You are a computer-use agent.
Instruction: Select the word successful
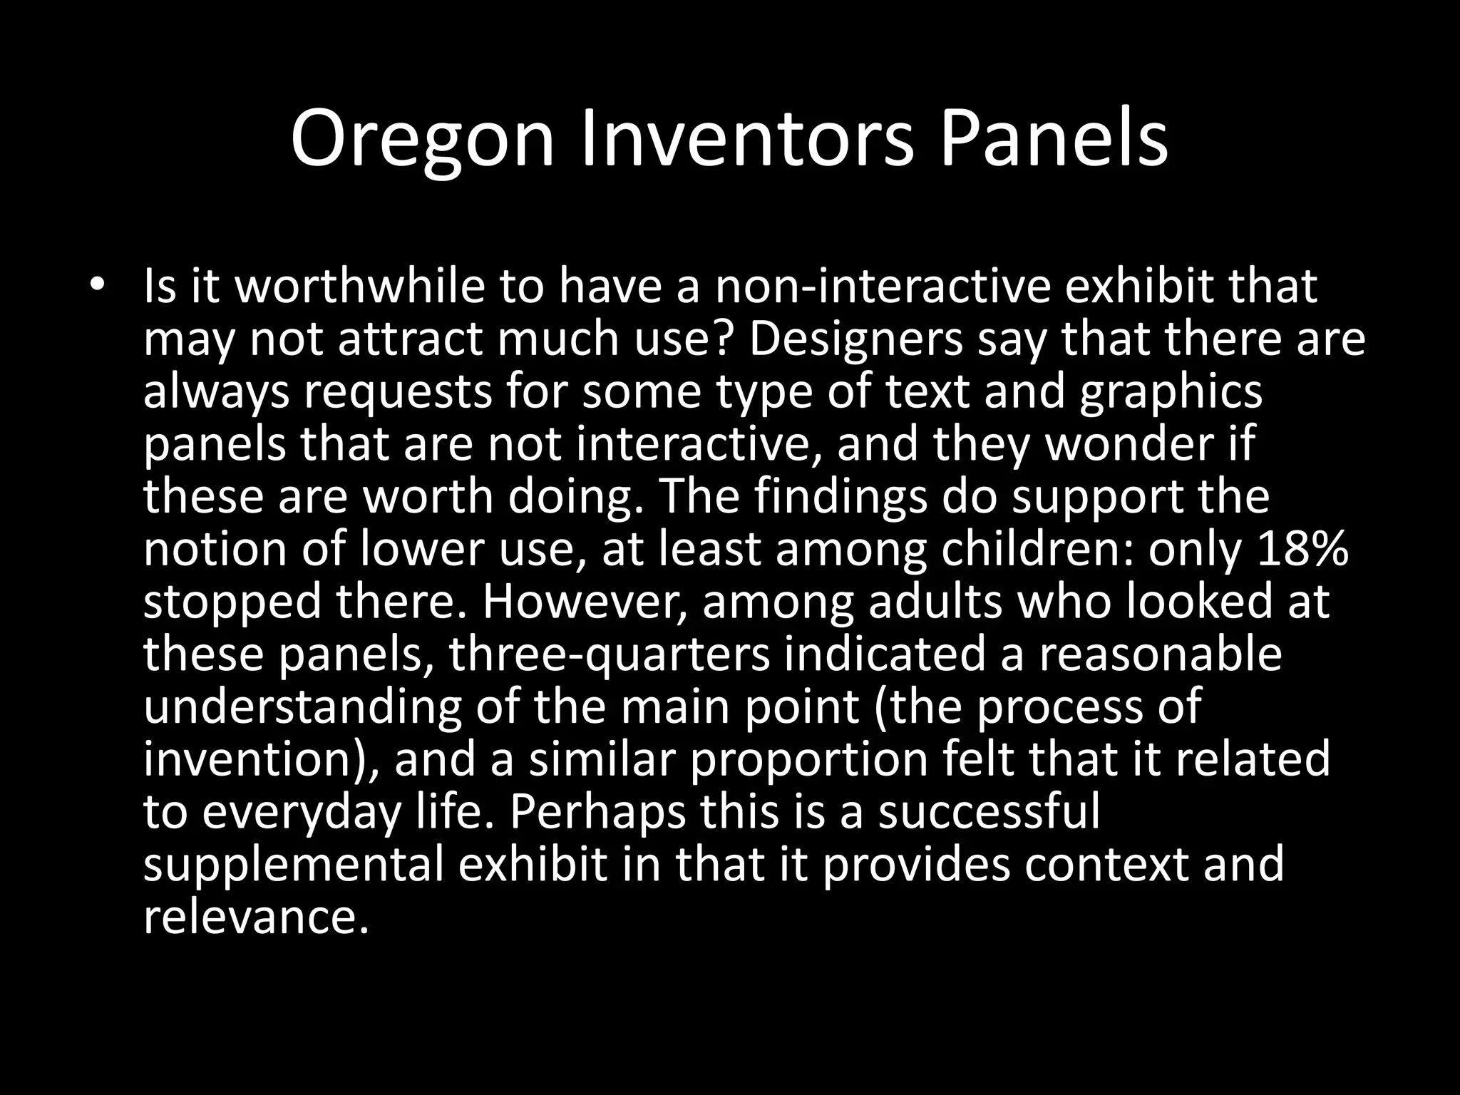tap(989, 812)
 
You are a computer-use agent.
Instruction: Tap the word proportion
tap(809, 760)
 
